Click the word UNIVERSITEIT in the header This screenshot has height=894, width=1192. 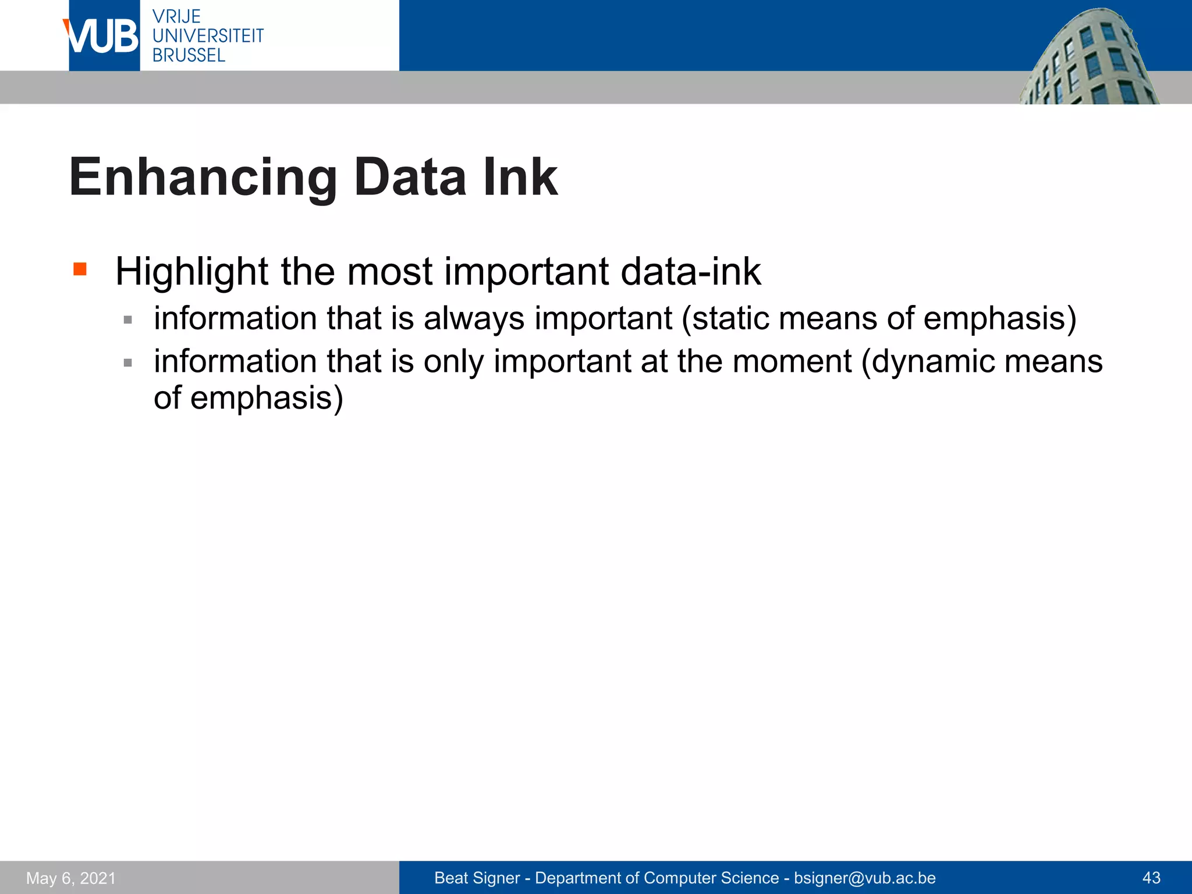click(x=208, y=36)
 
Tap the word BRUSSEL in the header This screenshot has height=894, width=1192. click(x=189, y=55)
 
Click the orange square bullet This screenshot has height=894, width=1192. click(x=80, y=269)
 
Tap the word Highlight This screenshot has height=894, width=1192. click(x=191, y=272)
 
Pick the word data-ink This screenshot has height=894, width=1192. click(x=690, y=272)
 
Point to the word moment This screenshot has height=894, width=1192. click(x=792, y=361)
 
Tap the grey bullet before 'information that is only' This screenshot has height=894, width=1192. click(x=127, y=363)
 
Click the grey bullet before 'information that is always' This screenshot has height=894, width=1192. click(x=127, y=320)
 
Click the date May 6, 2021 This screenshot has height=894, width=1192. click(x=71, y=878)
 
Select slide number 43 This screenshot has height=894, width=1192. click(x=1151, y=878)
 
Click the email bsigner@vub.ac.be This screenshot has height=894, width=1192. click(x=864, y=878)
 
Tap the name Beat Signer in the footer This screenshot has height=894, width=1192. click(x=477, y=878)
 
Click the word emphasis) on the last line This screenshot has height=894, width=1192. click(x=267, y=398)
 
